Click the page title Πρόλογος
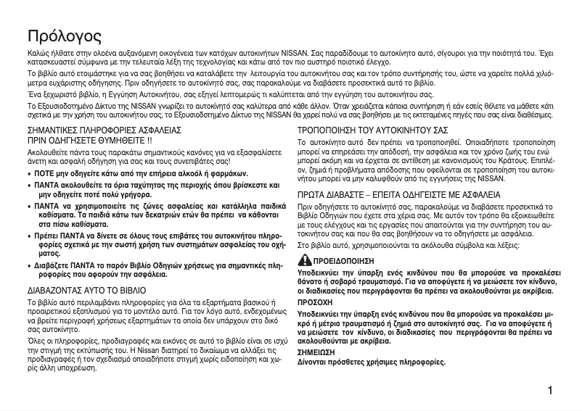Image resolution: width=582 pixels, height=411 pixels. coord(65,36)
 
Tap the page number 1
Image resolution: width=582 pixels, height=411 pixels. coord(552,391)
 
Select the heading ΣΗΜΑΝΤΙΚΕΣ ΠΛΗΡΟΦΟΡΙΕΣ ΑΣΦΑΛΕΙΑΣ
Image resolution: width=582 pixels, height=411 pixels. coord(104,129)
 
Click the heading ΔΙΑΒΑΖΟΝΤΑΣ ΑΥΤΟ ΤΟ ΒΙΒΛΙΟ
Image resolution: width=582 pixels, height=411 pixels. coord(86,289)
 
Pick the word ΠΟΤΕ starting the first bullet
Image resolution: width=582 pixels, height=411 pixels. coord(46,175)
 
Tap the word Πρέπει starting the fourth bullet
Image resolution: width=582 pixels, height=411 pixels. coord(50,236)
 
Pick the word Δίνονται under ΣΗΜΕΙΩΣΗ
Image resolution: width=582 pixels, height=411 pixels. coord(315,360)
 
